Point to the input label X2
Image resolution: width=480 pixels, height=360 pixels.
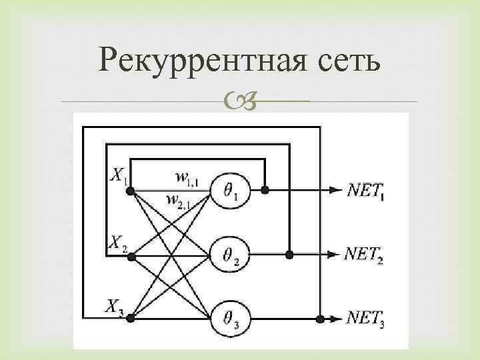point(118,241)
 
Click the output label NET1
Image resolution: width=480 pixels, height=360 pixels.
point(365,191)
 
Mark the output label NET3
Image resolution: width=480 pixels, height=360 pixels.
point(365,319)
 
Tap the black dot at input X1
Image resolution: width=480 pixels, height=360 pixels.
point(131,191)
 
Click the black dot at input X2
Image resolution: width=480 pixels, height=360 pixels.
point(131,255)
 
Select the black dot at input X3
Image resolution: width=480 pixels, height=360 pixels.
point(131,319)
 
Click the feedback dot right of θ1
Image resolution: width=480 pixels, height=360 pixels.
point(265,191)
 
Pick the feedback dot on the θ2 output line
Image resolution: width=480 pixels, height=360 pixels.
point(289,255)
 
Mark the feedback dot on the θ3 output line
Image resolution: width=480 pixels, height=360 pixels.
point(320,319)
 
